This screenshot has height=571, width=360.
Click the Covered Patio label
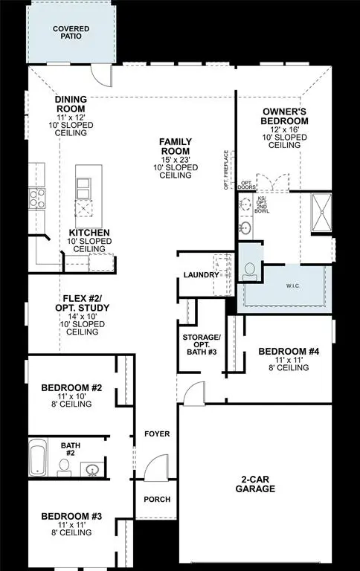click(71, 32)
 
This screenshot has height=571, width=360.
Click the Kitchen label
click(89, 233)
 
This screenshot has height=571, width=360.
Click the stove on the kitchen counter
click(34, 197)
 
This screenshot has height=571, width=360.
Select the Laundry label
click(201, 275)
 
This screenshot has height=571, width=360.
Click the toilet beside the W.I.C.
click(250, 270)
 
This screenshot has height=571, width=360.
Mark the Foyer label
click(157, 433)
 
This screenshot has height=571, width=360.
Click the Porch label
click(157, 499)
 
